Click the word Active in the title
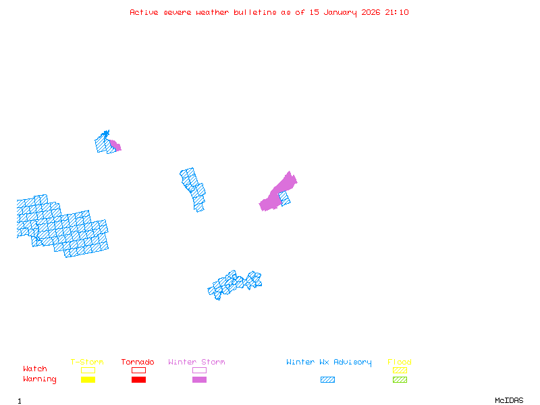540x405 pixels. pos(144,12)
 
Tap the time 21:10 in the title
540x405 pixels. pos(397,12)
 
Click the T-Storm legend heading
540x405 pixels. pos(87,362)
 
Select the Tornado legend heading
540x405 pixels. pos(138,362)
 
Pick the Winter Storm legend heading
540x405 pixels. pos(196,362)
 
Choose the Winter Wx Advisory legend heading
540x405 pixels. pos(329,362)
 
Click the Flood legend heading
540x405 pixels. pos(400,362)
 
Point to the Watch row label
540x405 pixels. pos(35,369)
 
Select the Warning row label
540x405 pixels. pos(40,379)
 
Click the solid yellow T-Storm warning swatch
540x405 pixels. pos(88,380)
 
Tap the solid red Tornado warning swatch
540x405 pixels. pos(138,380)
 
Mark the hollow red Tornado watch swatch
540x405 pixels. pos(138,370)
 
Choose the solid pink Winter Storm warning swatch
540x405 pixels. pos(199,380)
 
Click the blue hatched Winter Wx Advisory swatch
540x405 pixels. pos(327,380)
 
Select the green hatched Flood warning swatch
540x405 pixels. pos(400,380)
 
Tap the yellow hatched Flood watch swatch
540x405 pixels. pos(400,370)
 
